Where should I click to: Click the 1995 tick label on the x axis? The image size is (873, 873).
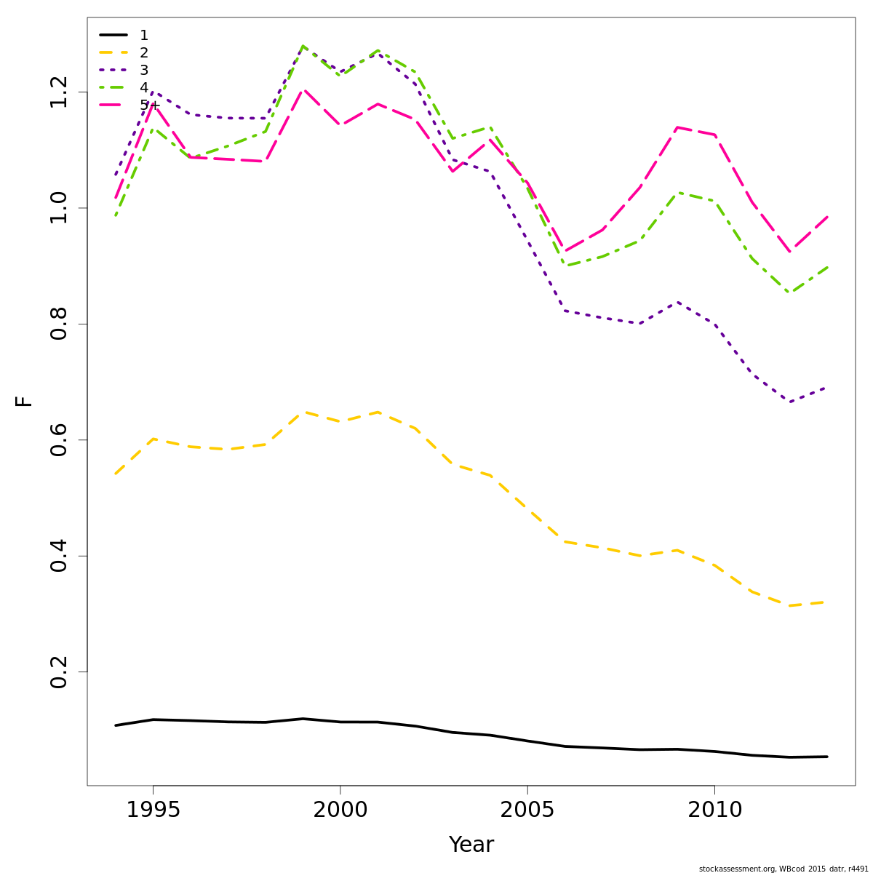pyautogui.click(x=153, y=810)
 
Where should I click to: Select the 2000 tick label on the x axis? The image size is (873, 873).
pyautogui.click(x=340, y=810)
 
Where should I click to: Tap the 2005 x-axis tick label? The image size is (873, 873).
pyautogui.click(x=527, y=810)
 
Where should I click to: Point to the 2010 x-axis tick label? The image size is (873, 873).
pyautogui.click(x=714, y=810)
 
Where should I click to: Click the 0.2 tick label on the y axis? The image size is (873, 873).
pyautogui.click(x=59, y=671)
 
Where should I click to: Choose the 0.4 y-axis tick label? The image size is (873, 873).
pyautogui.click(x=59, y=556)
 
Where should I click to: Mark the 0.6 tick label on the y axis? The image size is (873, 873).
pyautogui.click(x=59, y=440)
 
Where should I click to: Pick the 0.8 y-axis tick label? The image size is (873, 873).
pyautogui.click(x=59, y=324)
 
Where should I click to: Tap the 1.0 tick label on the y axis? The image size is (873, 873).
pyautogui.click(x=59, y=208)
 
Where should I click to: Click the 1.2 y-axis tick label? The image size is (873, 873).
pyautogui.click(x=59, y=92)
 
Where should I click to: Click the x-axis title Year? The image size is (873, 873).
pyautogui.click(x=471, y=845)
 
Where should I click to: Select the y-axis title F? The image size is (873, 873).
pyautogui.click(x=24, y=401)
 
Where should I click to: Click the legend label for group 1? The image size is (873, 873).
pyautogui.click(x=144, y=36)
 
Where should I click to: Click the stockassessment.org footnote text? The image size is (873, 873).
pyautogui.click(x=784, y=869)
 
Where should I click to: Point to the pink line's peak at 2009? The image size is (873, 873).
pyautogui.click(x=677, y=127)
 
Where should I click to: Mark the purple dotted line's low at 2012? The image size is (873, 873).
pyautogui.click(x=789, y=402)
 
